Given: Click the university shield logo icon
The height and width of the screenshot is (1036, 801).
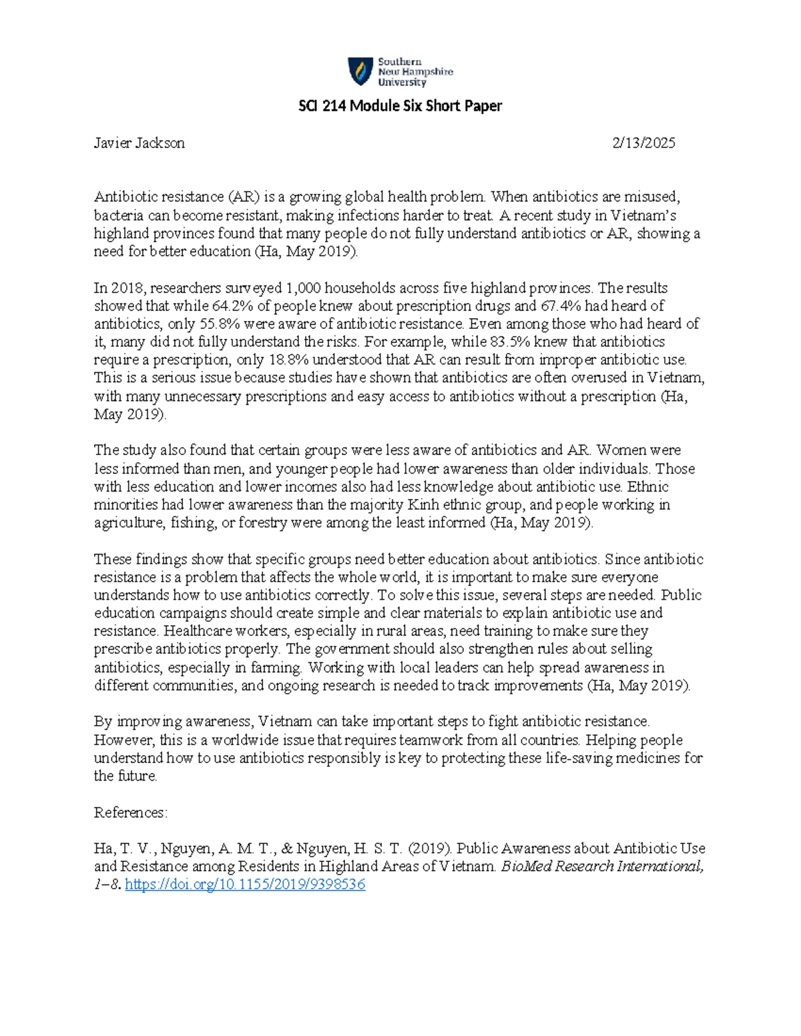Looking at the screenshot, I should click(x=360, y=71).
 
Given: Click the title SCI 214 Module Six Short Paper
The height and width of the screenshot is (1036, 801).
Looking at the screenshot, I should click(x=399, y=106).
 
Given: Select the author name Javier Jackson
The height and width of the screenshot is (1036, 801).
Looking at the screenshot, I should click(x=139, y=143).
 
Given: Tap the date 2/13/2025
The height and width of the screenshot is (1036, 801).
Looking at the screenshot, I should click(x=644, y=143).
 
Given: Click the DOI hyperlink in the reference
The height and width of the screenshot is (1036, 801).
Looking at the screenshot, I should click(x=245, y=885).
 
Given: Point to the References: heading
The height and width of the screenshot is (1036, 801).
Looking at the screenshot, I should click(x=130, y=813).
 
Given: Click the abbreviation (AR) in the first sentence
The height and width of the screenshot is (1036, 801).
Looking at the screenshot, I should click(x=243, y=197).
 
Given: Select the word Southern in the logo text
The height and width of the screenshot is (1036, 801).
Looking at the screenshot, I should click(x=400, y=62).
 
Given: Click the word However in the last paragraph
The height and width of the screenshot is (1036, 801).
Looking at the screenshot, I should click(x=124, y=740).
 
